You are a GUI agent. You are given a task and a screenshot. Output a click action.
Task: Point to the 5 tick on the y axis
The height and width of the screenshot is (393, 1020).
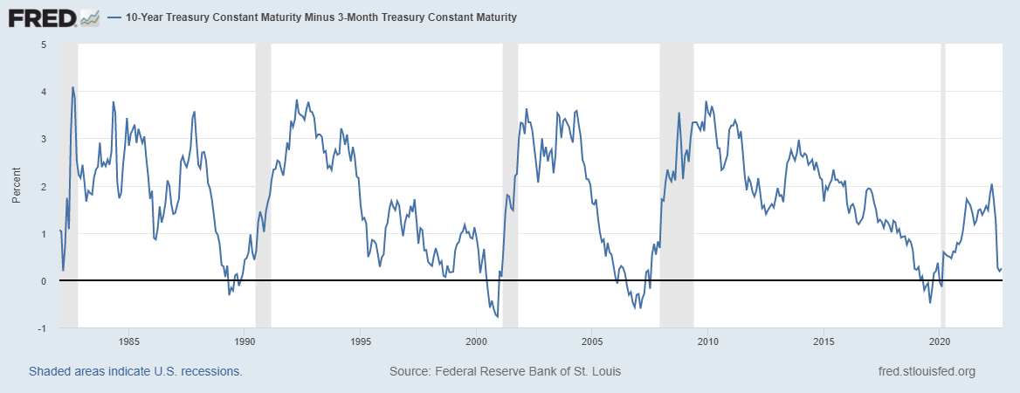coord(44,45)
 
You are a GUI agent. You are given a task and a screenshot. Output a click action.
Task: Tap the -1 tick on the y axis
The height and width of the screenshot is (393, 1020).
coord(42,328)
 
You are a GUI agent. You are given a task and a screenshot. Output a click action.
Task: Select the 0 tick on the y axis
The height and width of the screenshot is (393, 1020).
coord(44,281)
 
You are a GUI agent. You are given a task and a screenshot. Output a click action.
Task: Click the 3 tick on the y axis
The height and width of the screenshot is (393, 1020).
coord(44,139)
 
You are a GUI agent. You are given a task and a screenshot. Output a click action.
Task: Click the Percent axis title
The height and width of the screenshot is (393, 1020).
coord(17,186)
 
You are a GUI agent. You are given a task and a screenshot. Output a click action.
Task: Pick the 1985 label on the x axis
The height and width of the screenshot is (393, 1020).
coord(128,341)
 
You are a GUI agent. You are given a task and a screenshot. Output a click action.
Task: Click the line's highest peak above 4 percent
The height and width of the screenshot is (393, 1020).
coord(72,87)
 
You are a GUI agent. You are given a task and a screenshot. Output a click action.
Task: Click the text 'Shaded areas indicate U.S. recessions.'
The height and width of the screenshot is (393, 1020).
coord(135,372)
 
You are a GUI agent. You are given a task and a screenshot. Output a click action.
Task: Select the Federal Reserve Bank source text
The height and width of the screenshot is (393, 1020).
coord(505,372)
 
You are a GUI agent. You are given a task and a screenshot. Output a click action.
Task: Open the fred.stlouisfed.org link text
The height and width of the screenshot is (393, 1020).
coord(926,372)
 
